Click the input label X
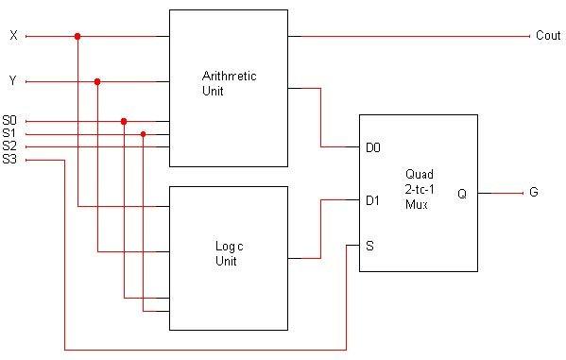12,36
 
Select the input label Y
12,81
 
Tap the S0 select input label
9,121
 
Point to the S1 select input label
9,134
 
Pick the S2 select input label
9,146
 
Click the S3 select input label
9,160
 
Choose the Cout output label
548,36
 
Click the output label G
534,193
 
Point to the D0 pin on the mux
372,147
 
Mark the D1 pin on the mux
372,199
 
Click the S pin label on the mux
369,246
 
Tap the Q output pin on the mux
462,193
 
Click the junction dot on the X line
77,37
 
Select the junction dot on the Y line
97,82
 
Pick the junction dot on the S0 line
124,121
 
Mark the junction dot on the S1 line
143,134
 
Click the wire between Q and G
500,193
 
